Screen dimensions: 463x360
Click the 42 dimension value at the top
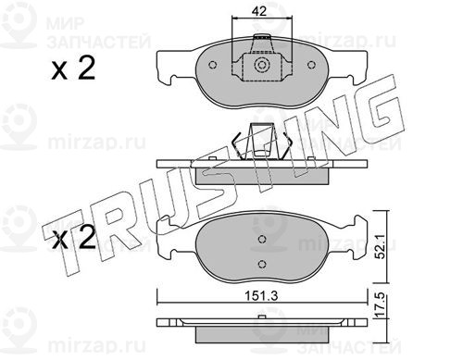click(258, 11)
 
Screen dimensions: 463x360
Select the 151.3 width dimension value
click(261, 296)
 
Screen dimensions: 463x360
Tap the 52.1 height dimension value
click(382, 246)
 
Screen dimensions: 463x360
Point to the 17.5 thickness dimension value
click(382, 305)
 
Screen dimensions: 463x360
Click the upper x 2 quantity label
click(73, 68)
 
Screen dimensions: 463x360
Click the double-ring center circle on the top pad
click(261, 65)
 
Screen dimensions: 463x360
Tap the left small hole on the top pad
click(212, 65)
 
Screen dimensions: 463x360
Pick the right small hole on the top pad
click(311, 65)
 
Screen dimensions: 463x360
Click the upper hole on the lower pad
click(262, 239)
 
